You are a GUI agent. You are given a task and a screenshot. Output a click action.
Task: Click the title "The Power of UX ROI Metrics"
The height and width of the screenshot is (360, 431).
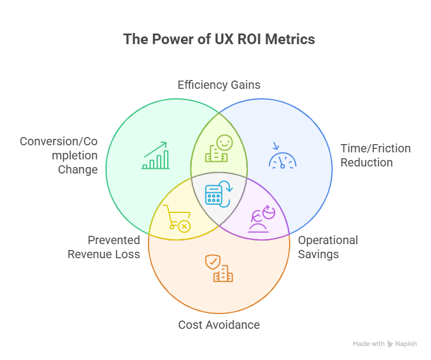point(219,39)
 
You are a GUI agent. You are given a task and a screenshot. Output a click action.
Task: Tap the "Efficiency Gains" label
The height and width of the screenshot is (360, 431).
point(219,85)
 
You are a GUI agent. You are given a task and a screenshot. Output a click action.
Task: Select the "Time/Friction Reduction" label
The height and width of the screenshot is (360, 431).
point(375,155)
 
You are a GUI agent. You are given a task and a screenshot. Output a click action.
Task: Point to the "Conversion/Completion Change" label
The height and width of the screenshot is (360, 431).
point(59,155)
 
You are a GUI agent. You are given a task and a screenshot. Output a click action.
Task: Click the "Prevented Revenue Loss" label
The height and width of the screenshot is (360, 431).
point(104,247)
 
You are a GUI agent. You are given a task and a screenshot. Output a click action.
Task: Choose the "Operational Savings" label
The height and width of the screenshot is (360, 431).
point(328,247)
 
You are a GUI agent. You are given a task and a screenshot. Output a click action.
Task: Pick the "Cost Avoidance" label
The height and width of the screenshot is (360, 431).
point(219,325)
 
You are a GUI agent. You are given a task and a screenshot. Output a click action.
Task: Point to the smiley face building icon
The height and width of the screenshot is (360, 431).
point(218,148)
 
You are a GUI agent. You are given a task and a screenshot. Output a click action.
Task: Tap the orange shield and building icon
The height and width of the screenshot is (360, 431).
point(218,268)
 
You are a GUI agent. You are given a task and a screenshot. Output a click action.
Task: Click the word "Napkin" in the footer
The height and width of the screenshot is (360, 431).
point(406,344)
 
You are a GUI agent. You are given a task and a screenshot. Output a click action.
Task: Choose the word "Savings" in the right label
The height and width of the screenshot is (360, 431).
point(319,254)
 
